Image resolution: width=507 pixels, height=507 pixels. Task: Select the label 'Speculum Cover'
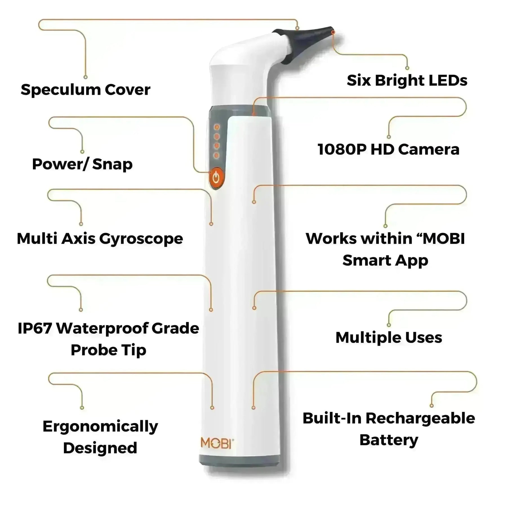85,90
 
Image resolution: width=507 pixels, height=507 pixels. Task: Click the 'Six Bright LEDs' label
407,81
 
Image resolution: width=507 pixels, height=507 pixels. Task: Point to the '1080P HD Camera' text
388,150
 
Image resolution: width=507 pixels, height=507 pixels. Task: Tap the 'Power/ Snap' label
82,164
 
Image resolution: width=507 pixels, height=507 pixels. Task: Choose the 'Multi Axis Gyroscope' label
100,239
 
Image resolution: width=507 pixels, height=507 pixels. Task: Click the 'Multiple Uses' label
389,337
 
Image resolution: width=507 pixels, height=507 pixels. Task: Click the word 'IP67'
34,328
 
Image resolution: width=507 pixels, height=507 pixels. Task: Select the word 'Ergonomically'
100,426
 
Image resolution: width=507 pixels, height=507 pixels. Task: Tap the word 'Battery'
389,440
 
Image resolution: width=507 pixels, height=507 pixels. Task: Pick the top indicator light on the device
217,127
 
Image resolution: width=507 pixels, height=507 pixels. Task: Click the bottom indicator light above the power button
217,155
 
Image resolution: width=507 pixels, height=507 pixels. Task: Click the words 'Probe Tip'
108,350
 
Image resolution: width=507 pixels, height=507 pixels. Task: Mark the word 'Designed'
100,448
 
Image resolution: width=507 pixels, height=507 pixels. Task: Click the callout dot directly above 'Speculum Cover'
86,77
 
